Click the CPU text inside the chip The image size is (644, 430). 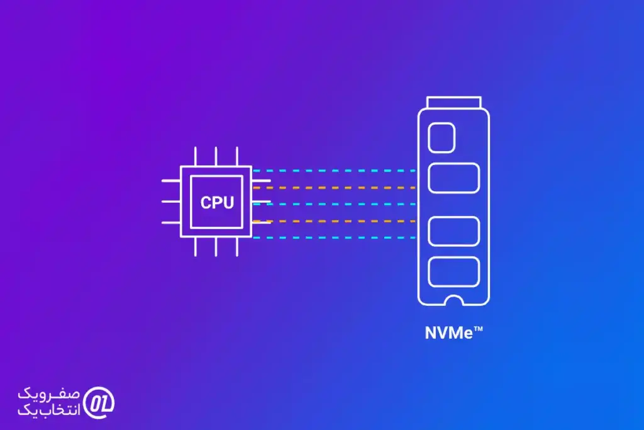tap(216, 203)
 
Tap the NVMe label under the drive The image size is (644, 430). tap(448, 333)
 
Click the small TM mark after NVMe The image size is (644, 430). tap(478, 328)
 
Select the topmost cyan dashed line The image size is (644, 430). tap(333, 171)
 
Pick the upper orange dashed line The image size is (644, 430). tap(333, 188)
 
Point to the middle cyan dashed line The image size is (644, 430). tap(333, 204)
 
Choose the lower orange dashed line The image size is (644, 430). tap(333, 221)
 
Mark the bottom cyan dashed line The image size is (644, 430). tap(333, 237)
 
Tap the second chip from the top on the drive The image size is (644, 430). tap(453, 178)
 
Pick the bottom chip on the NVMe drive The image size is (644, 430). tap(453, 271)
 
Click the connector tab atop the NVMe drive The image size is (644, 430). tap(453, 102)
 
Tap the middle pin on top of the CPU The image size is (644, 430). tap(216, 157)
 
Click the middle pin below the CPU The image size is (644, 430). tap(216, 247)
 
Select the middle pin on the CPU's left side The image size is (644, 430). tap(171, 202)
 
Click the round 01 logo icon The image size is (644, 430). tap(99, 401)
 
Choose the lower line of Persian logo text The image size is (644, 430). tap(50, 409)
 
